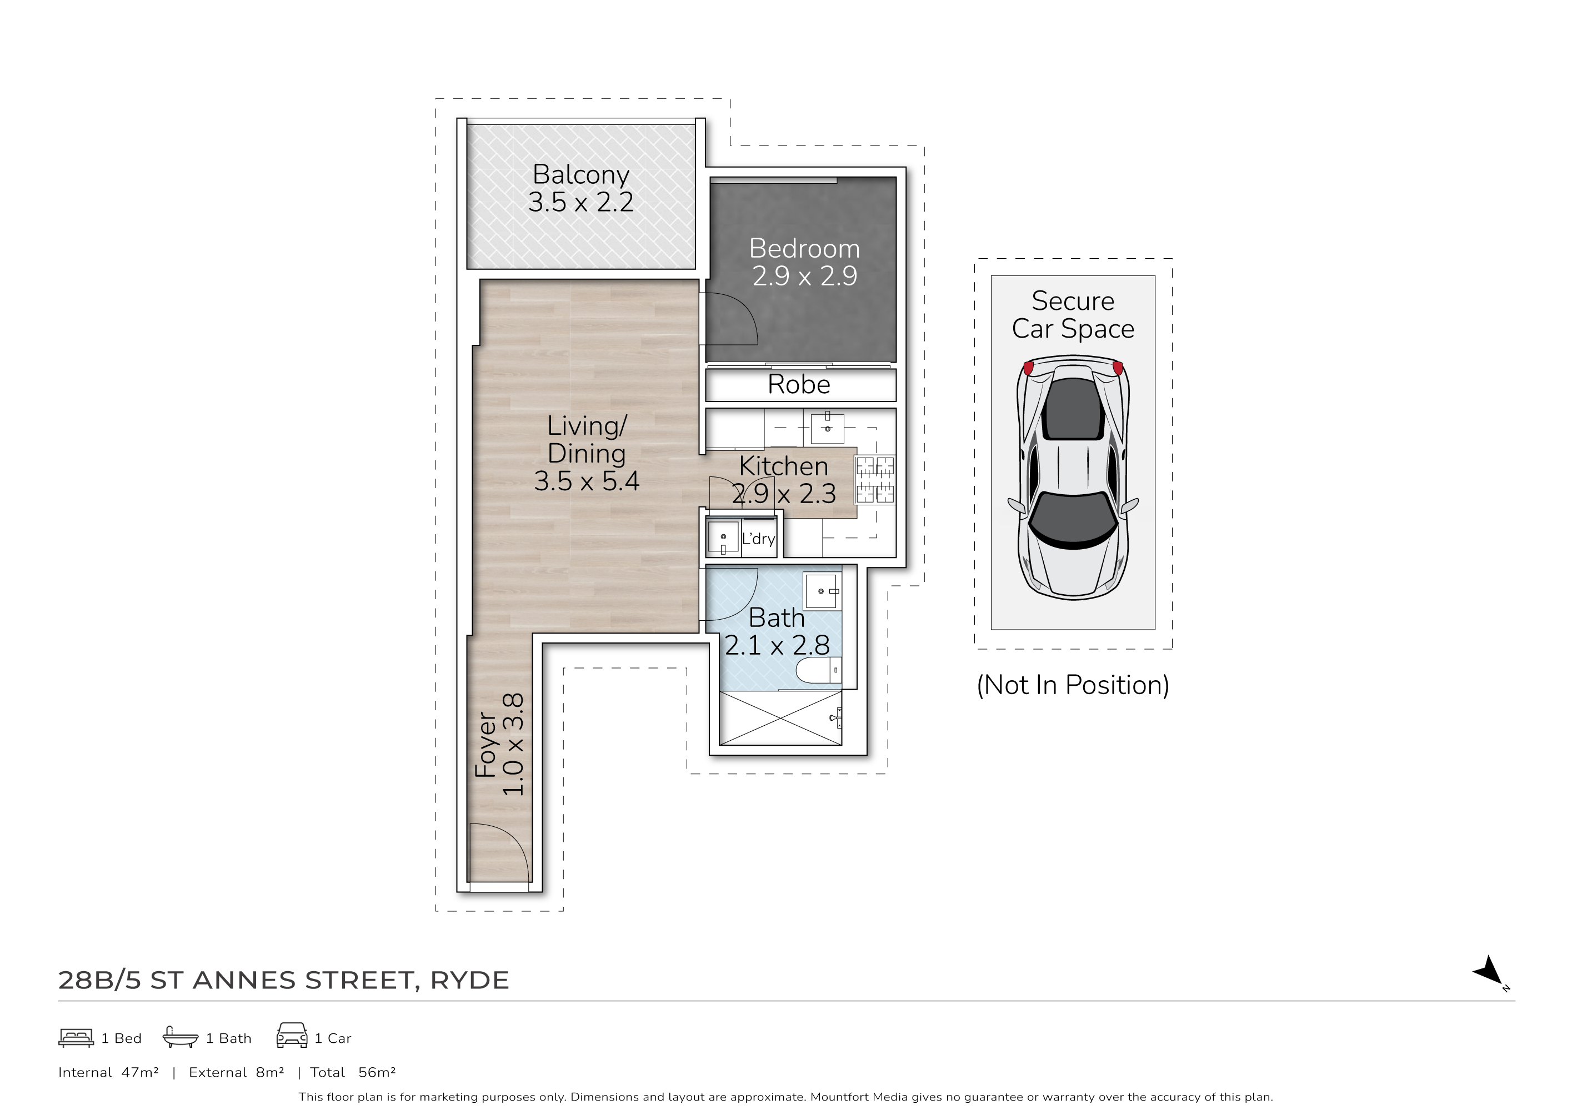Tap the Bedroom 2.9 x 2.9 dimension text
tap(804, 276)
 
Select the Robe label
tap(799, 384)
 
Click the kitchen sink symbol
tap(827, 428)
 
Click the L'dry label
tap(758, 539)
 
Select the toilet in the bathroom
tap(819, 670)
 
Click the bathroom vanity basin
tap(822, 591)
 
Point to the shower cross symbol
tap(780, 719)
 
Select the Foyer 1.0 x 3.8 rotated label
tap(500, 745)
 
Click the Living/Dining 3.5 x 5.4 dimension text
tap(587, 481)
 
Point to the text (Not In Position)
tap(1073, 685)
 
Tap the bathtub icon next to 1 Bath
tap(180, 1037)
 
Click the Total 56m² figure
tap(377, 1072)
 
